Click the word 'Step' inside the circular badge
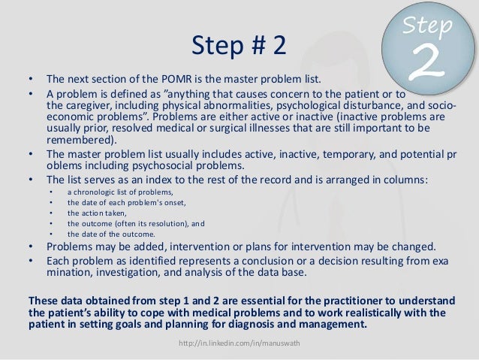(x=426, y=27)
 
